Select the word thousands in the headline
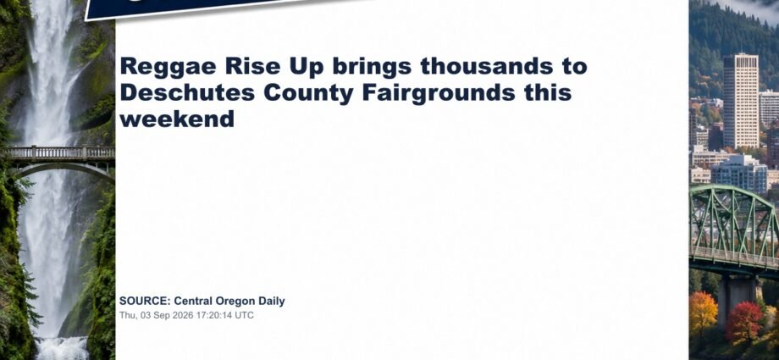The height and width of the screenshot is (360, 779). (x=486, y=65)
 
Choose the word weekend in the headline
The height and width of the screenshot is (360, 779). (x=177, y=119)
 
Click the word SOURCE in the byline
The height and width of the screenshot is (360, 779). (x=145, y=301)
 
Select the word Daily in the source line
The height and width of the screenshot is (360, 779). (x=272, y=302)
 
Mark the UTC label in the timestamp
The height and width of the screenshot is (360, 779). (x=245, y=315)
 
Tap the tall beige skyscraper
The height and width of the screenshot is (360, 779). (x=740, y=101)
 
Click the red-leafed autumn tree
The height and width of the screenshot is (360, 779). (x=743, y=322)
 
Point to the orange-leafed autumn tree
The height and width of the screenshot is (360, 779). (x=704, y=313)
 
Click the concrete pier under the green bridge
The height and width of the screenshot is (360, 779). (x=737, y=297)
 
